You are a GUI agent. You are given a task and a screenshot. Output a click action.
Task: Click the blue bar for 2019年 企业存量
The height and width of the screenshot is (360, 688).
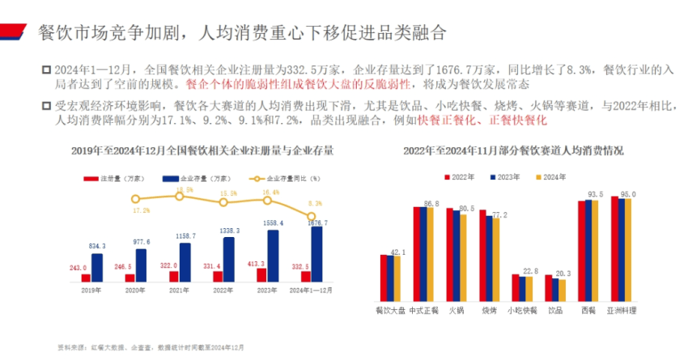tap(97, 268)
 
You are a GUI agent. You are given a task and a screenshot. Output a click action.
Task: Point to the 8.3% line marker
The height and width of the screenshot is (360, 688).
tap(312, 216)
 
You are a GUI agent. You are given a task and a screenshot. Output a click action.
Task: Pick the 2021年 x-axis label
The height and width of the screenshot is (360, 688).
tap(179, 290)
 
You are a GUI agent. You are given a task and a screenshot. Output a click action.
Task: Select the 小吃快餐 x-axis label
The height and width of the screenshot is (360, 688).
tap(521, 309)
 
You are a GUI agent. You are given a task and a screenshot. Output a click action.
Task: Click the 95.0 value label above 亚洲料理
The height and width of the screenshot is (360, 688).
tap(628, 194)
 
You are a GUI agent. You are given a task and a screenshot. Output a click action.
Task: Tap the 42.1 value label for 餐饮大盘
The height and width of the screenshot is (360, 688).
tap(397, 252)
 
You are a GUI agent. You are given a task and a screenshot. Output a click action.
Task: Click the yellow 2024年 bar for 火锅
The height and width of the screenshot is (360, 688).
tap(463, 258)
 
